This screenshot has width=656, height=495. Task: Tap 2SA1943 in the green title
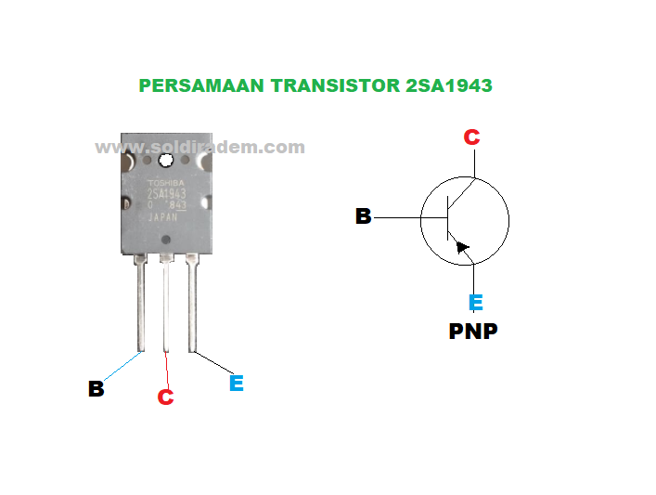coord(448,85)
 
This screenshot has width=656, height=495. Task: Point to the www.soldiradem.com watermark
coord(199,147)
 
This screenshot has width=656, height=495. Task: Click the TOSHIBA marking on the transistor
coord(167,183)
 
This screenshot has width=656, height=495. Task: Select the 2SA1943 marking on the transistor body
coord(167,194)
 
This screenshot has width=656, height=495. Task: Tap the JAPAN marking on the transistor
coord(164,217)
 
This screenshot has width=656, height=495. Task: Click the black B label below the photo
coord(96,389)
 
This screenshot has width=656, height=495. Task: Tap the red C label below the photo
coord(165,397)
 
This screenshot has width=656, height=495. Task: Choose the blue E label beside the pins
coord(236,383)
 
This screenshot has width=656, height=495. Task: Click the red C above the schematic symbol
coord(471,137)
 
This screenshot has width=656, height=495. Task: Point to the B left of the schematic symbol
coord(364,216)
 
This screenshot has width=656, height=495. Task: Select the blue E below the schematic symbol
coord(475,303)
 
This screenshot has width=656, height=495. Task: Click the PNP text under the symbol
coord(473,331)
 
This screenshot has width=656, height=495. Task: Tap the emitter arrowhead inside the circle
coord(463,248)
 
